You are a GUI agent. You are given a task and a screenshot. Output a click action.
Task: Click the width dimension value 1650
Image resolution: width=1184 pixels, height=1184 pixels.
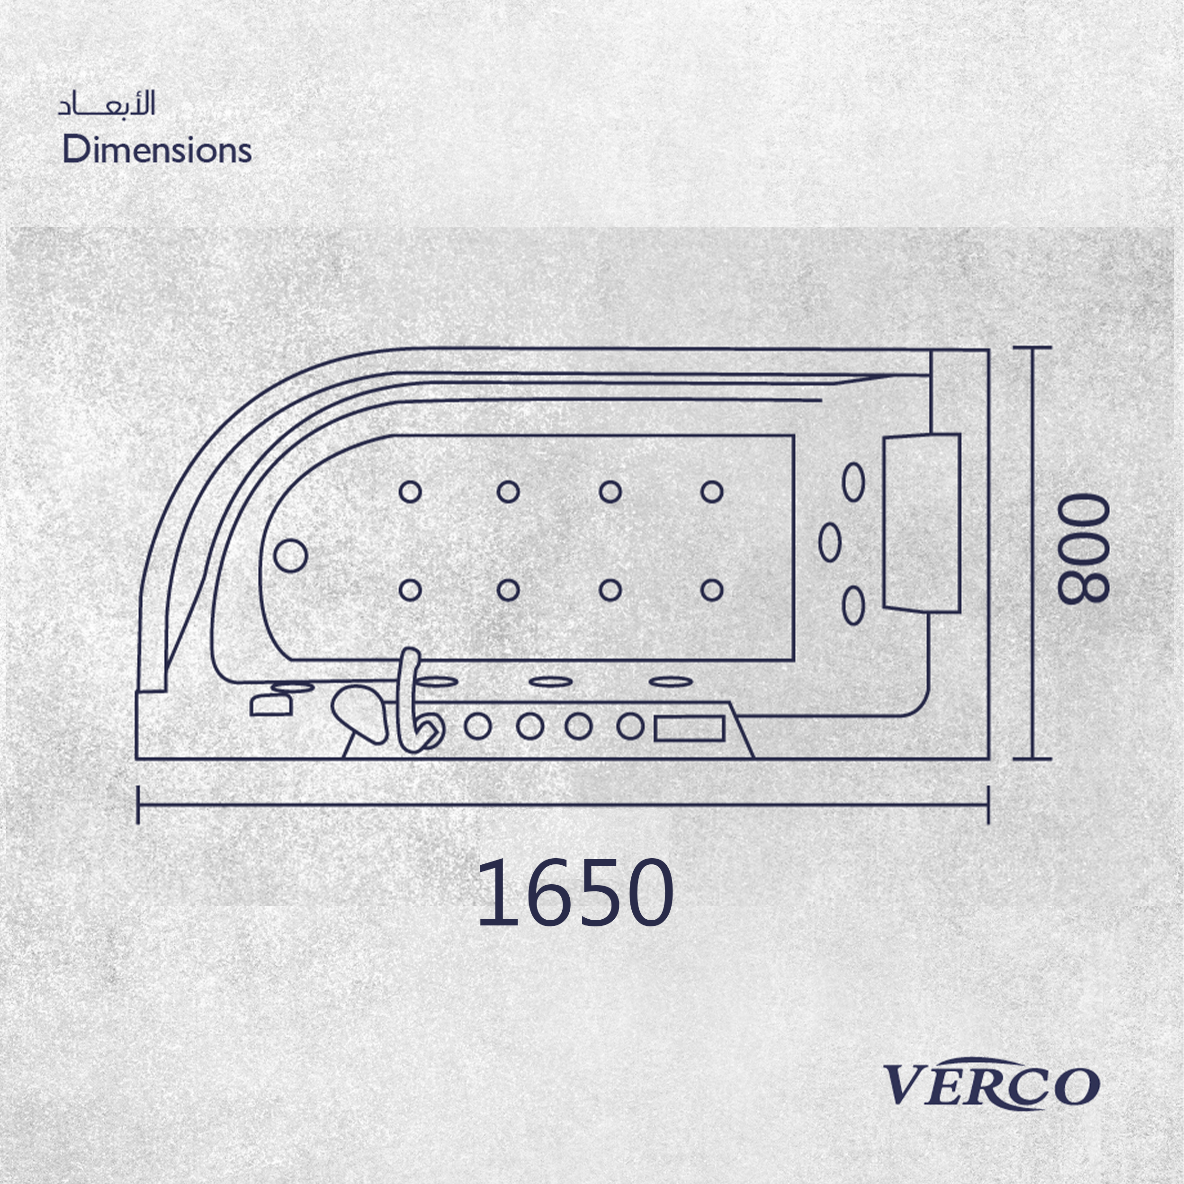575,892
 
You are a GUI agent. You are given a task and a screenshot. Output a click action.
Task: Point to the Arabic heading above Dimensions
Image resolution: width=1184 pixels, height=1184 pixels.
107,104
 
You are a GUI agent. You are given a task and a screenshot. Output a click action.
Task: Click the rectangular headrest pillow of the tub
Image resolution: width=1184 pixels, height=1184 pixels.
921,522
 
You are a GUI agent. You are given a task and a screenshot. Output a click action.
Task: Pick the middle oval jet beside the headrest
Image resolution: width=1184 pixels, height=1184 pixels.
830,542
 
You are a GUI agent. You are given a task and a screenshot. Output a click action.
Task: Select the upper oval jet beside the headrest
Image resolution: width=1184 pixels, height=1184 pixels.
854,482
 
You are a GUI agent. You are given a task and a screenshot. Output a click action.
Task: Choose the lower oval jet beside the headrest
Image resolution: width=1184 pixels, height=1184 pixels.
854,605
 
